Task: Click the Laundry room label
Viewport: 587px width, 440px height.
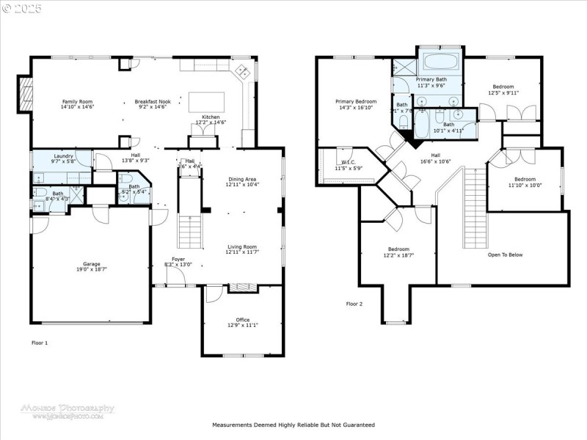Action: click(62, 155)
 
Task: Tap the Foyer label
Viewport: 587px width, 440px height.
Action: click(178, 259)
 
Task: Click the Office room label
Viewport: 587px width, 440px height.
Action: click(242, 320)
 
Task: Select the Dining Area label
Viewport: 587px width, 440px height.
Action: click(241, 180)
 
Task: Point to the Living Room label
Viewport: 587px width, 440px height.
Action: click(241, 247)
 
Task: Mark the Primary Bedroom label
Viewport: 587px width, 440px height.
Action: click(356, 101)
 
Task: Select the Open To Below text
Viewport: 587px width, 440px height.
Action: click(505, 254)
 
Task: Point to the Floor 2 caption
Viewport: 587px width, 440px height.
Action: click(354, 304)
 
